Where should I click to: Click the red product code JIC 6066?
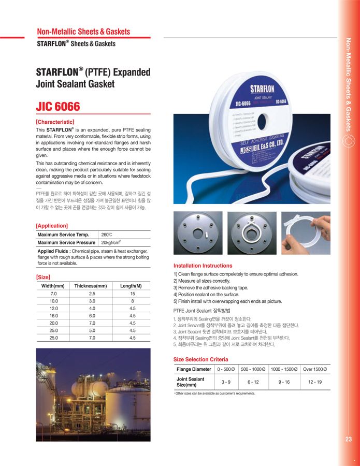tap(58, 107)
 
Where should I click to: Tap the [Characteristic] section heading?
tap(55, 122)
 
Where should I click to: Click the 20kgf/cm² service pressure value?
tap(111, 242)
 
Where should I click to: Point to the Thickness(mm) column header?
tap(91, 286)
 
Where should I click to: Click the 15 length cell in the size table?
tap(133, 294)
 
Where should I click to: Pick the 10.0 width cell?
tap(53, 301)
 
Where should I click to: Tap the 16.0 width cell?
tap(53, 315)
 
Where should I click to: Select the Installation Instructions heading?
tap(203, 266)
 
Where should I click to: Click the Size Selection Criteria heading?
tap(200, 359)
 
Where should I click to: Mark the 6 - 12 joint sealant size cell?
tap(253, 382)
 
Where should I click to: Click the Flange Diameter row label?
tap(194, 369)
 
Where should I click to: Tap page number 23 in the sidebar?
tap(348, 440)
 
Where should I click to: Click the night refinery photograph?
tap(93, 394)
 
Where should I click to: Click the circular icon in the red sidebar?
tap(349, 140)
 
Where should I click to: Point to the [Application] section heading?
tap(52, 226)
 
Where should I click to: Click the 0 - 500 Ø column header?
tap(226, 369)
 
